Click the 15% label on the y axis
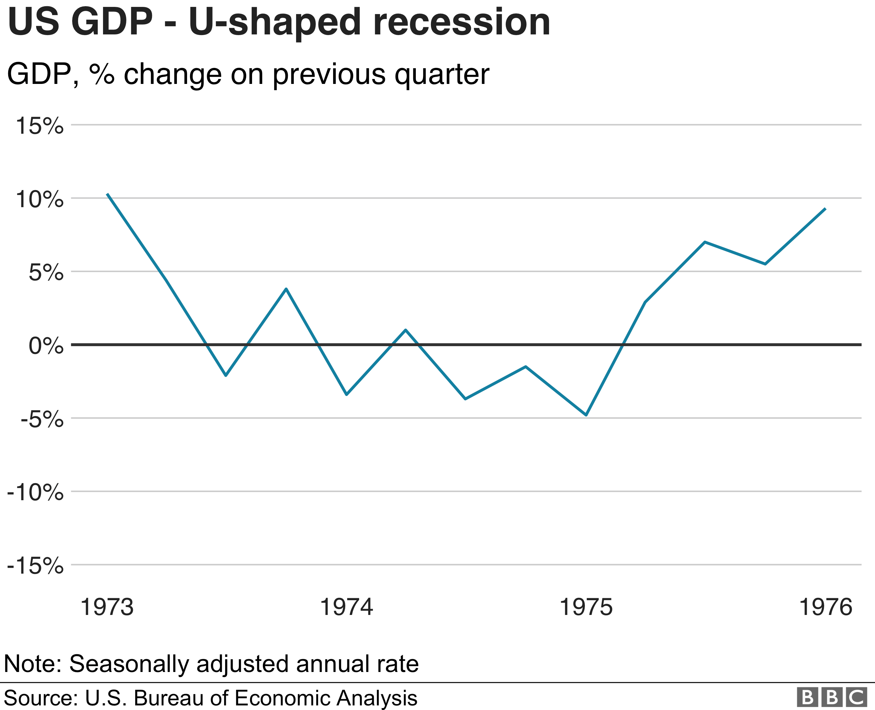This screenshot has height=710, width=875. click(40, 126)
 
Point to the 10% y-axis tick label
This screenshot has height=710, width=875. click(40, 199)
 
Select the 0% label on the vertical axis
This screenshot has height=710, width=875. click(46, 346)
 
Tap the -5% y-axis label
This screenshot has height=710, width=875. click(42, 419)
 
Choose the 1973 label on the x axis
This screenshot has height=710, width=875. click(107, 607)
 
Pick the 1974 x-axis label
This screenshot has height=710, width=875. click(346, 607)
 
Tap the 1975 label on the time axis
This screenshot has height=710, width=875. click(586, 607)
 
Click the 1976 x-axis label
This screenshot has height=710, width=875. click(825, 607)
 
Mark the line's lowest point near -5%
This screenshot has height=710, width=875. click(586, 415)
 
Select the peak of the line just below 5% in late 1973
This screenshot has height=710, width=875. click(286, 289)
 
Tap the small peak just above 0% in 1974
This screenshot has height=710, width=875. click(405, 330)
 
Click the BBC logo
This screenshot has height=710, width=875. click(832, 697)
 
